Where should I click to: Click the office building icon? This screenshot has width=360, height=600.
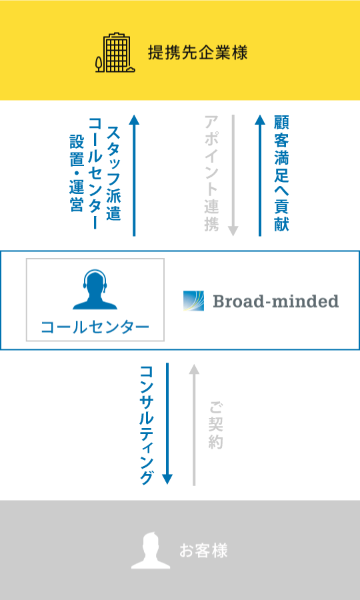115,53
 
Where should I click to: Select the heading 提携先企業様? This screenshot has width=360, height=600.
198,53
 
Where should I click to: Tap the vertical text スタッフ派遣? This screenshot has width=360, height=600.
114,173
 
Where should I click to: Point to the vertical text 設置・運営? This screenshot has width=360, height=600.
76,173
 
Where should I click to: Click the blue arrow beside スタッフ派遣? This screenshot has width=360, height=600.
134,175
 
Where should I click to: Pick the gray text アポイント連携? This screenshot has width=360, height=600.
211,173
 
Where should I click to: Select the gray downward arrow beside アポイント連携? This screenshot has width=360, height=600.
233,175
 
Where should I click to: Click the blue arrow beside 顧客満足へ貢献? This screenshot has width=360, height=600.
260,175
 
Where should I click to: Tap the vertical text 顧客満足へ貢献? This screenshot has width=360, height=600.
281,173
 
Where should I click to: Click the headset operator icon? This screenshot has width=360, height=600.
95,289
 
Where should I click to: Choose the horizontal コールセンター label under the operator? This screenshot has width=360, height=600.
95,327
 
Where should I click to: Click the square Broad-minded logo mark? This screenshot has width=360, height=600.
193,301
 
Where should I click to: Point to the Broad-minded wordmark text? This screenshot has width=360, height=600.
276,301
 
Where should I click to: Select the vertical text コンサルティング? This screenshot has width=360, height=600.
147,425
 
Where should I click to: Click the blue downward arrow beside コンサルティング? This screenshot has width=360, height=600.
167,423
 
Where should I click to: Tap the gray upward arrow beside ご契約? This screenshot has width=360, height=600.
195,425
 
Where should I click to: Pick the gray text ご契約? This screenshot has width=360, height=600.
216,425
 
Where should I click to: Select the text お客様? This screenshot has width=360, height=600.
203,551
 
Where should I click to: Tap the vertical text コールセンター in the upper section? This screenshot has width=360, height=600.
95,173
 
